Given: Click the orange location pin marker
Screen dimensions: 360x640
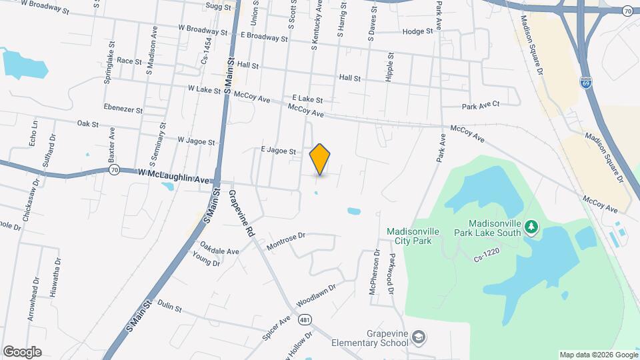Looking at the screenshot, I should (320, 159).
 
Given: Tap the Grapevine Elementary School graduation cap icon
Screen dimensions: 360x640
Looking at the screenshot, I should (418, 337).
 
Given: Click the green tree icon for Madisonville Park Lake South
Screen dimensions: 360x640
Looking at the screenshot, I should (531, 227).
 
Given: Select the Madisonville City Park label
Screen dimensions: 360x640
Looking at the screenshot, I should (413, 236).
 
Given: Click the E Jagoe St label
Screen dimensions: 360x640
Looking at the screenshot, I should (277, 151).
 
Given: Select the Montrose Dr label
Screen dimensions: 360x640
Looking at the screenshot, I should (285, 242).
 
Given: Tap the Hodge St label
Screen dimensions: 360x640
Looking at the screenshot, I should (418, 31).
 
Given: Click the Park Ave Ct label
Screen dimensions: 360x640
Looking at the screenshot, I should (490, 105).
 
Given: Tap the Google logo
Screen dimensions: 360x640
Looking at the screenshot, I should (23, 351).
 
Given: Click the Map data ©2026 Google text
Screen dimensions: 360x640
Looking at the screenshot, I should (597, 354).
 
